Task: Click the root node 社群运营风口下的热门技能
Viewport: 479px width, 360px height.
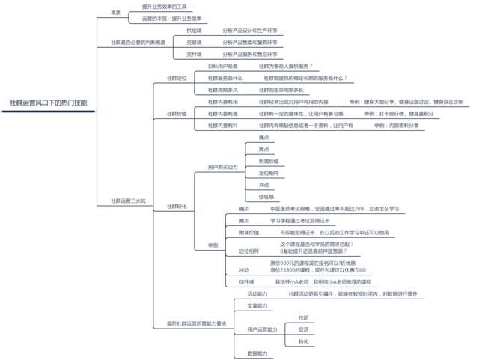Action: pos(48,103)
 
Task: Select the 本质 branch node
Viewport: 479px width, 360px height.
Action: pos(115,12)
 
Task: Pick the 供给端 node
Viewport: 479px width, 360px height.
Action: pos(194,31)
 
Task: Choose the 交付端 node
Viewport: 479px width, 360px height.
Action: pos(194,54)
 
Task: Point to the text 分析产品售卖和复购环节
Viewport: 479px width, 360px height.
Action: pos(250,43)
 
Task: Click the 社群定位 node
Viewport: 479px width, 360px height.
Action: pos(177,78)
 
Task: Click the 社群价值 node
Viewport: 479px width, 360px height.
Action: pos(177,113)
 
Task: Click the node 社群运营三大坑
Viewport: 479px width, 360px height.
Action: pos(129,201)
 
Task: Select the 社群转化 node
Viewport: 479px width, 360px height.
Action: pos(177,206)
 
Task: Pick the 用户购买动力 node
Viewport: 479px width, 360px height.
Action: pos(222,167)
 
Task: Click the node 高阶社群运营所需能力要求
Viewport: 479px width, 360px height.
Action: pos(196,323)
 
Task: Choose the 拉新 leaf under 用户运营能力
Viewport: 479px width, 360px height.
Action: pos(303,317)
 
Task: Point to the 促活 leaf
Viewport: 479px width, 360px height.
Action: pos(303,329)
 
